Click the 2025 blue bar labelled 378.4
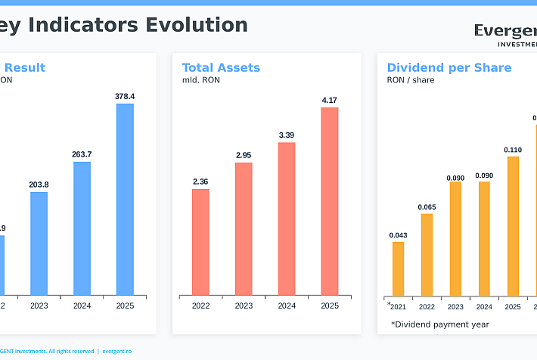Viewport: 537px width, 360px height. point(125,199)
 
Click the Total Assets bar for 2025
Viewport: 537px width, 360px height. point(330,201)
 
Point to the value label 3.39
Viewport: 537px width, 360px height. point(287,135)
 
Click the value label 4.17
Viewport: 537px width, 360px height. point(330,100)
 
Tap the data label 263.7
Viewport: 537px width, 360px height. point(82,154)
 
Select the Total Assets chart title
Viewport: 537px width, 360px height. point(221,68)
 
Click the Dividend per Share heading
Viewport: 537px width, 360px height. point(449,68)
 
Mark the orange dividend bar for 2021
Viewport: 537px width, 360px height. point(398,268)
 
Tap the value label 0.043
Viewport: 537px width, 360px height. point(398,235)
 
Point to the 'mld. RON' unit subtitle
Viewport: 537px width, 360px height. point(200,80)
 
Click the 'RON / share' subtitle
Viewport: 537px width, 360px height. point(411,80)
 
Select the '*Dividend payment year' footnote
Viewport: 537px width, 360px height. point(439,324)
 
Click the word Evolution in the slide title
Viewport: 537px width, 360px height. point(197,25)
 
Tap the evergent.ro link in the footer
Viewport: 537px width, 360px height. point(116,351)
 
